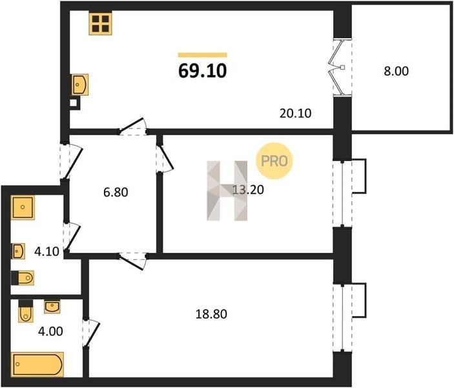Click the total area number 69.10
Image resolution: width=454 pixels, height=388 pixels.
[x=202, y=71]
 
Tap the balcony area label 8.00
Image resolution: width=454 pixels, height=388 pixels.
[x=396, y=71]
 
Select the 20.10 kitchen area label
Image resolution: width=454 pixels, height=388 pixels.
[x=295, y=113]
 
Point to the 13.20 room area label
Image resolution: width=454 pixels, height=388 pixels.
[x=249, y=189]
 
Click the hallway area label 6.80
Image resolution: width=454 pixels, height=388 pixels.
[x=116, y=192]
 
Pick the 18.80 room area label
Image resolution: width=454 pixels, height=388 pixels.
[x=211, y=314]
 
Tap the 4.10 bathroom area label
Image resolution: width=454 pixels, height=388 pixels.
[x=46, y=252]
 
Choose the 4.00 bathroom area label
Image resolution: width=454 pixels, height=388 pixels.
[x=50, y=331]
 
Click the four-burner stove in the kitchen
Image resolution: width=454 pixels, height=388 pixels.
[x=101, y=24]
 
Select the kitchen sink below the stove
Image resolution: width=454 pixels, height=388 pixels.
[x=79, y=84]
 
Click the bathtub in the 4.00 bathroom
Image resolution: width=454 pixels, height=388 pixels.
[x=37, y=365]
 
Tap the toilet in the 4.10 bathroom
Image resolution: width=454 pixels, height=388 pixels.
[x=23, y=278]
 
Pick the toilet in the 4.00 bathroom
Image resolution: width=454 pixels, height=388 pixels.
[x=25, y=311]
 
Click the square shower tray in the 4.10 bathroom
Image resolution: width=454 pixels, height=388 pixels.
[x=23, y=208]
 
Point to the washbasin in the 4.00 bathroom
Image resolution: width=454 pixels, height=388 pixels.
[x=52, y=307]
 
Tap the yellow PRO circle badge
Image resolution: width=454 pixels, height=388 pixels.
[x=274, y=160]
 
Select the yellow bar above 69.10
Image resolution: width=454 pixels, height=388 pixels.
[x=202, y=55]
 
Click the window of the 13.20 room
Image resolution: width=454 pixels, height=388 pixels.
[x=342, y=193]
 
